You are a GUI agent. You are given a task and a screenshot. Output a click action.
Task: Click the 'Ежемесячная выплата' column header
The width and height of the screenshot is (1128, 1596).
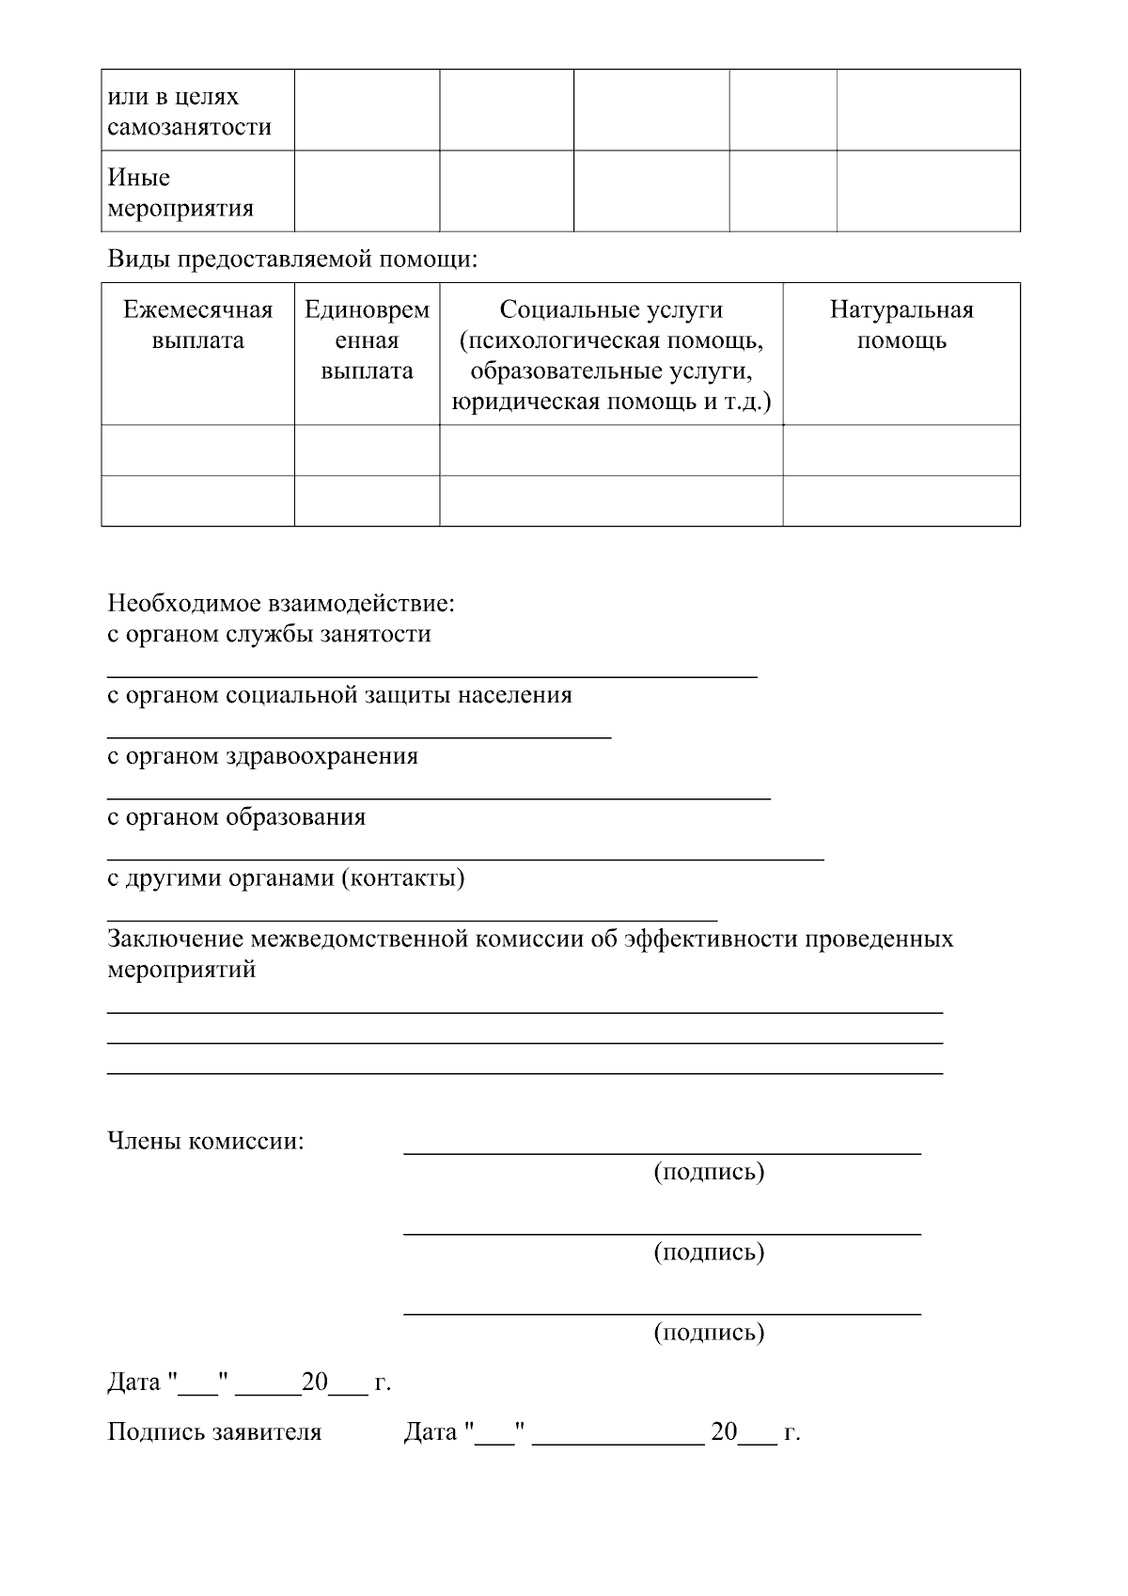[197, 325]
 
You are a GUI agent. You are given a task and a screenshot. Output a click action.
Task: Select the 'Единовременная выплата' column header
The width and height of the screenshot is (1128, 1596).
[367, 340]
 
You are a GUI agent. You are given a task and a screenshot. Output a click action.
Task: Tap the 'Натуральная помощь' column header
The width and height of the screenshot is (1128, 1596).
[901, 325]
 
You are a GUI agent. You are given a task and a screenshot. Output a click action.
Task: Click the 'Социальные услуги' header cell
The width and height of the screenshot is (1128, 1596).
[611, 356]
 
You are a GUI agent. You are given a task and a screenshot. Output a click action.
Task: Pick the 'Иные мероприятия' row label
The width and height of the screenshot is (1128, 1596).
[180, 193]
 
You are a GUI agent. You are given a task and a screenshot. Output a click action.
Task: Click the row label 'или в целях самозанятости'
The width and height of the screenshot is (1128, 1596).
[189, 112]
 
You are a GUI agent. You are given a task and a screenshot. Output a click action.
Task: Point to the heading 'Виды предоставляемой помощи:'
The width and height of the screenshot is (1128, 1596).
[292, 259]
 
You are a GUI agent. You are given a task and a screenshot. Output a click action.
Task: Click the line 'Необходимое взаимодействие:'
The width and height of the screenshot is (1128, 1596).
[281, 602]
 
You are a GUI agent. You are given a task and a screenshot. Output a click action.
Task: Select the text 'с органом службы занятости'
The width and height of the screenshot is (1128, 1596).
[269, 634]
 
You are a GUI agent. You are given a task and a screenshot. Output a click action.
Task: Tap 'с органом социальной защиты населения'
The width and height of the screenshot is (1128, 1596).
[339, 695]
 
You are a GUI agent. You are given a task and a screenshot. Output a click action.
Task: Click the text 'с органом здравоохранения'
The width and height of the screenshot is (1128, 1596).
[262, 756]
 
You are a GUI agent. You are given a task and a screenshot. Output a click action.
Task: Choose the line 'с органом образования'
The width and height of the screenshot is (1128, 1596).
[236, 817]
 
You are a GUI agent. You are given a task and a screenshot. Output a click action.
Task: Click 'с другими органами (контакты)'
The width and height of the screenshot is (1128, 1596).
[286, 878]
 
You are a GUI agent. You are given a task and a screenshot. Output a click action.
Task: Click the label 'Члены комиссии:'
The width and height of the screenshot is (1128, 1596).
[206, 1142]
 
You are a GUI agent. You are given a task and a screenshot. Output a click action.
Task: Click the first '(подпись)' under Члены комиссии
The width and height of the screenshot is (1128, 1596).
[709, 1172]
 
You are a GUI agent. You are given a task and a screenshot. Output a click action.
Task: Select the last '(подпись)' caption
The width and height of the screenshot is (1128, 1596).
[709, 1332]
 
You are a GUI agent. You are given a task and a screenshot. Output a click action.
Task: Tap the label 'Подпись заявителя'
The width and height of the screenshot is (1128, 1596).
[214, 1432]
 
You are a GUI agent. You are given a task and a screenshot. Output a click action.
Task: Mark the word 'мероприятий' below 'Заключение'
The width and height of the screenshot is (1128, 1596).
[181, 970]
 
